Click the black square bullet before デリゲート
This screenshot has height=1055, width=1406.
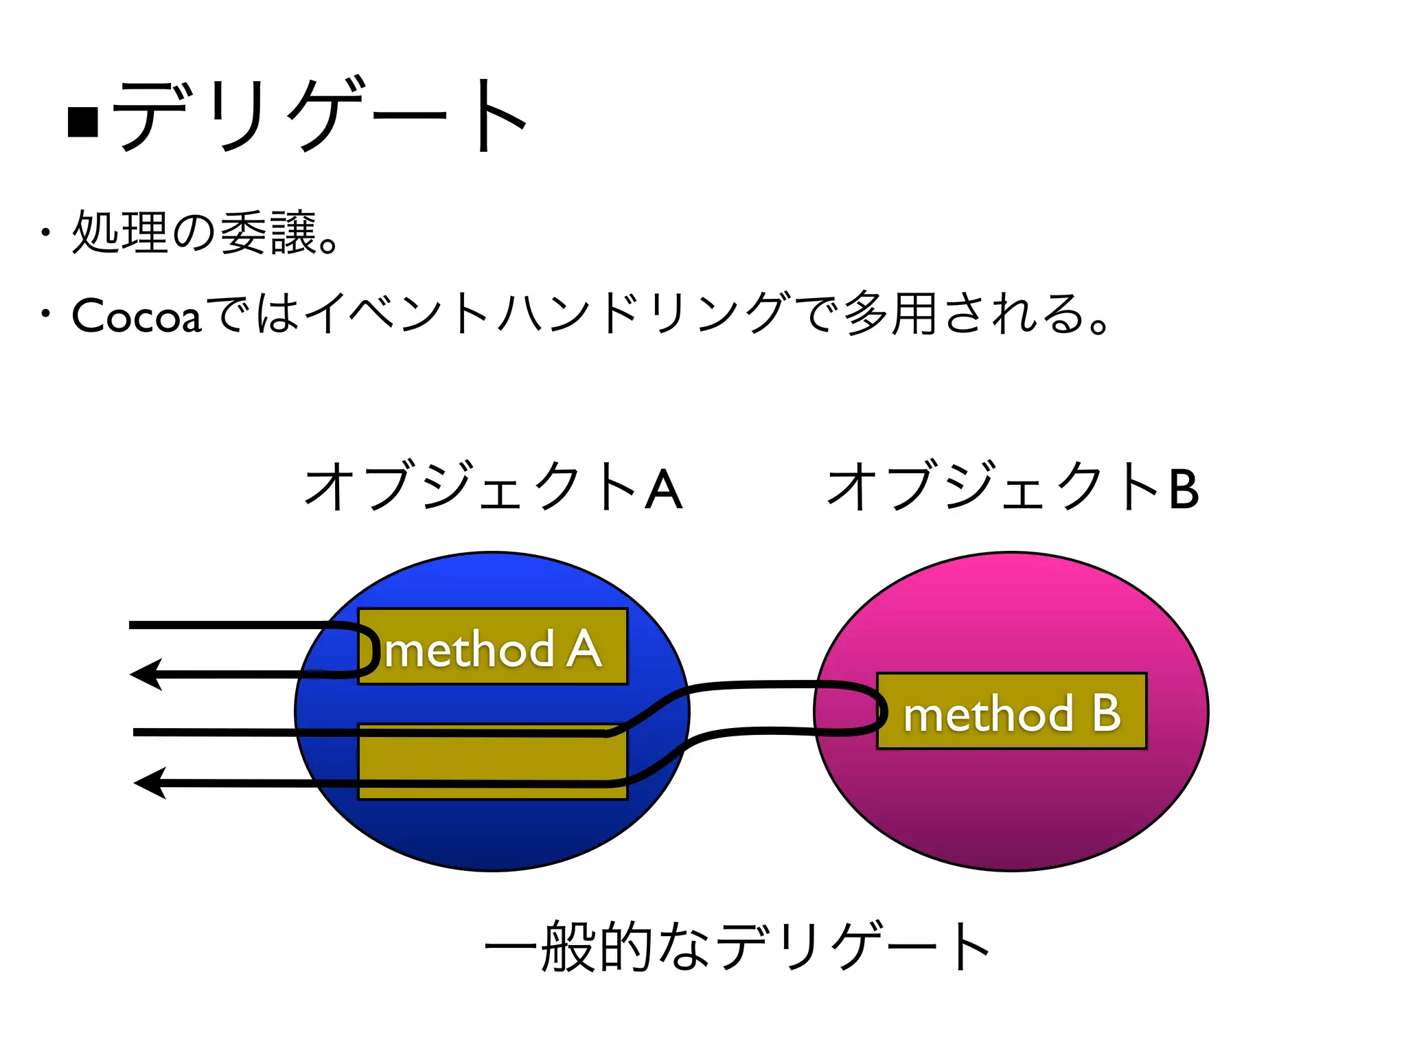pyautogui.click(x=84, y=122)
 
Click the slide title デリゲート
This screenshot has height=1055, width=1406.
pyautogui.click(x=319, y=115)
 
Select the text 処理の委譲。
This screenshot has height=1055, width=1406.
pyautogui.click(x=205, y=232)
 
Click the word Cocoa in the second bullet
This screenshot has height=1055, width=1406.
pyautogui.click(x=137, y=316)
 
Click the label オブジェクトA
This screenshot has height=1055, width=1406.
pyautogui.click(x=493, y=487)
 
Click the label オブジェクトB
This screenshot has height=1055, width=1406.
pyautogui.click(x=1013, y=487)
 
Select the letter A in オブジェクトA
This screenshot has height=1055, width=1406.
pyautogui.click(x=664, y=489)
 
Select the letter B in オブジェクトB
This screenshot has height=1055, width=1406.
pyautogui.click(x=1184, y=489)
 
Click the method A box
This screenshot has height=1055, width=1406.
pyautogui.click(x=493, y=647)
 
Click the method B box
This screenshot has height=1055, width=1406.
pyautogui.click(x=1012, y=712)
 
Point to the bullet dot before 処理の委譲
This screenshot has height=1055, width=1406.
pyautogui.click(x=45, y=232)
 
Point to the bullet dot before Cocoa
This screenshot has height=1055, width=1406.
pyautogui.click(x=45, y=315)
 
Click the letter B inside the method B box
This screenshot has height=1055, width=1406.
pyautogui.click(x=1106, y=713)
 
